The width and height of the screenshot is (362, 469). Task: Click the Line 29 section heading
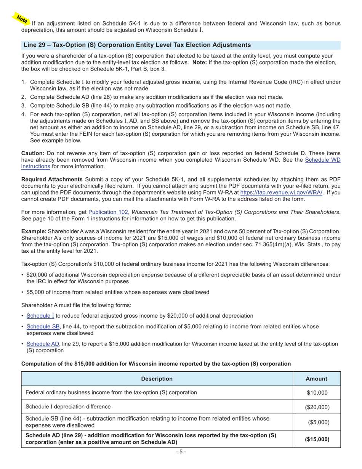pos(137,45)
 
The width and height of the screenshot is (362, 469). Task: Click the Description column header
pos(157,379)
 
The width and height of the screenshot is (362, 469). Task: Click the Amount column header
pos(316,379)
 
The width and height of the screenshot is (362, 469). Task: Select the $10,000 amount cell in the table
pos(317,392)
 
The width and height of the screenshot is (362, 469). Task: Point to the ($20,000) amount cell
pos(317,407)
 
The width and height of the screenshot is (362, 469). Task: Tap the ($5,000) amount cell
pos(317,422)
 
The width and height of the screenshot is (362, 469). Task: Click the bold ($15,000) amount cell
pos(317,439)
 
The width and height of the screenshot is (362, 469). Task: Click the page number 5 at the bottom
pos(181,452)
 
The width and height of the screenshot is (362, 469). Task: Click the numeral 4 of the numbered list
pos(23,114)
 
